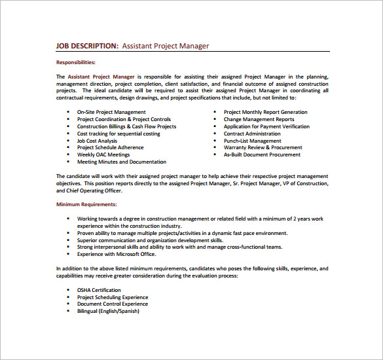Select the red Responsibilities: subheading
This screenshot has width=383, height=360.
coord(76,62)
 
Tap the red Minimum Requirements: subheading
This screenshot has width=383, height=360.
coord(86,205)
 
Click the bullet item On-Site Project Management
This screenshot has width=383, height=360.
coord(111,112)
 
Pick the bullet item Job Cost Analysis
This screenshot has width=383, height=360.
coord(97,141)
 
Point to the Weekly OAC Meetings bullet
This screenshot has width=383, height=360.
coord(103,154)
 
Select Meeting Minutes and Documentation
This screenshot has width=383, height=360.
coord(121,162)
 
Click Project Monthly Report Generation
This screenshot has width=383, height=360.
coord(265,112)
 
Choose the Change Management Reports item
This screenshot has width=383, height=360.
coord(259,119)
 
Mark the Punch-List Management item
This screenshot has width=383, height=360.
coord(252,141)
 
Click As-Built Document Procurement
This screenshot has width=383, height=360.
coord(262,155)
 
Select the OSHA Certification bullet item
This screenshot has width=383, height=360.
coord(99,290)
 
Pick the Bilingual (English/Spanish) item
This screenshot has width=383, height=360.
coord(108,311)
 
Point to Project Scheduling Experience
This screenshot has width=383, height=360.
coord(112,297)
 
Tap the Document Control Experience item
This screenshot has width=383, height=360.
coord(112,304)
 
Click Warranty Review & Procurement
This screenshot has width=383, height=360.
coord(263,148)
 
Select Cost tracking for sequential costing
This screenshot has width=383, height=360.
coord(118,134)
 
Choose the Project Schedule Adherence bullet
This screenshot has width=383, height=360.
coord(110,148)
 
